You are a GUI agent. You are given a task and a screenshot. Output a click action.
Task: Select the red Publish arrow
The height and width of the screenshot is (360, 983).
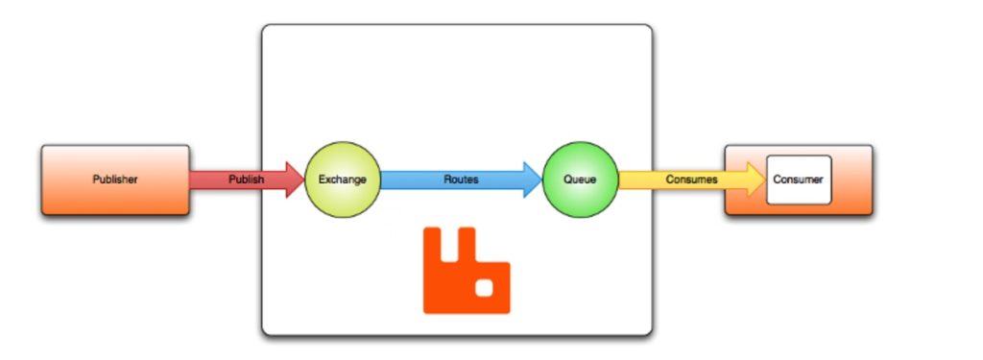pyautogui.click(x=245, y=180)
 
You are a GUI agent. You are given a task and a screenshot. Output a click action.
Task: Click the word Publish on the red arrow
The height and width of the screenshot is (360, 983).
pyautogui.click(x=246, y=180)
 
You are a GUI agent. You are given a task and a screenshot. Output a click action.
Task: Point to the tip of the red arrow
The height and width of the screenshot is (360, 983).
pyautogui.click(x=301, y=180)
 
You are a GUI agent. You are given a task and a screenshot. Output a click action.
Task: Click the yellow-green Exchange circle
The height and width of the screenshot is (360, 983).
pyautogui.click(x=343, y=180)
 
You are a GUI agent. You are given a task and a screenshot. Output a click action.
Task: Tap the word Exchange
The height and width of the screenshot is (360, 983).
pyautogui.click(x=343, y=180)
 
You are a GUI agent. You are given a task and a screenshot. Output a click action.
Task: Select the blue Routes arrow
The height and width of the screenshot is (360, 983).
pyautogui.click(x=461, y=180)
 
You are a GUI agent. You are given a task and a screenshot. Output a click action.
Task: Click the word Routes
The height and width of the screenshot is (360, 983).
pyautogui.click(x=461, y=180)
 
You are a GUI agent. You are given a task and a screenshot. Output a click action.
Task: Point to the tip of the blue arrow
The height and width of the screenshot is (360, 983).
pyautogui.click(x=540, y=180)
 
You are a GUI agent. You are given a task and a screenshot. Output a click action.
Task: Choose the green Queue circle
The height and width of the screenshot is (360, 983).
pyautogui.click(x=580, y=180)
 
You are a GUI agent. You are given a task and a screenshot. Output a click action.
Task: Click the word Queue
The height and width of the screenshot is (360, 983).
pyautogui.click(x=580, y=180)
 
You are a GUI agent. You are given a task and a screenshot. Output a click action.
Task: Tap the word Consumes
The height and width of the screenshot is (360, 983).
pyautogui.click(x=691, y=180)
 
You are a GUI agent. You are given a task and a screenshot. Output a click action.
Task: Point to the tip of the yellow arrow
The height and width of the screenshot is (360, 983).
pyautogui.click(x=764, y=180)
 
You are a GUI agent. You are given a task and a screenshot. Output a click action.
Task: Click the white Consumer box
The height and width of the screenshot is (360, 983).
pyautogui.click(x=799, y=180)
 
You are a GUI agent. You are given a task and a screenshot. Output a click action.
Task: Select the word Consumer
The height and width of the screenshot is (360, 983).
pyautogui.click(x=799, y=180)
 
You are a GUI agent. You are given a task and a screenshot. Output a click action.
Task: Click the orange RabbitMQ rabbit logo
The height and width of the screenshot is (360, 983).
pyautogui.click(x=467, y=278)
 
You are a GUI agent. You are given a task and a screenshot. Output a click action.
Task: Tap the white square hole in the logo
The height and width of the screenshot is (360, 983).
pyautogui.click(x=485, y=288)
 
